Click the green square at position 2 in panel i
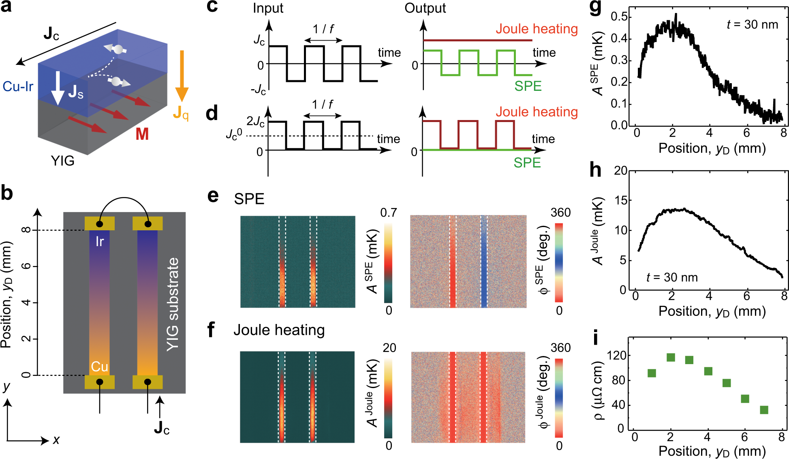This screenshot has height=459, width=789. (x=671, y=357)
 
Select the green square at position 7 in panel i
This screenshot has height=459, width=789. (x=764, y=410)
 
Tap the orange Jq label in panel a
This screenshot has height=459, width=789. (x=181, y=113)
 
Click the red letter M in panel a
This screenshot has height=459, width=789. (x=142, y=134)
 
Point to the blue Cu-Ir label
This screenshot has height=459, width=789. (x=18, y=86)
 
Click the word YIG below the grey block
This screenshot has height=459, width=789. (x=62, y=161)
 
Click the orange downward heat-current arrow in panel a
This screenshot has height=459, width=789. (x=182, y=75)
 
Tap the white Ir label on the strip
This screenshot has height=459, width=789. (x=99, y=242)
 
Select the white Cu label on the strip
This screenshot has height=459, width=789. (x=99, y=367)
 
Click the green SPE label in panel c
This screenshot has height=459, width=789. (x=528, y=86)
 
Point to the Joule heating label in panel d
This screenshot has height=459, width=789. (x=537, y=112)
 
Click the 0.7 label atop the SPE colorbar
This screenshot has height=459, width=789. (x=388, y=212)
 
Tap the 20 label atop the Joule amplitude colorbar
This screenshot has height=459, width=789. (x=389, y=347)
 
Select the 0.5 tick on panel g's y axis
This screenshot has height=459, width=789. (x=619, y=17)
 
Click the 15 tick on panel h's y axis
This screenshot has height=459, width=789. (x=620, y=200)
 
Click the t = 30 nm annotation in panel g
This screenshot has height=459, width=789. (x=752, y=25)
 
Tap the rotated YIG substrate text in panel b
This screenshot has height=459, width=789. (x=173, y=304)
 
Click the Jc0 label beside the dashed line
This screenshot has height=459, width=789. (x=234, y=135)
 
